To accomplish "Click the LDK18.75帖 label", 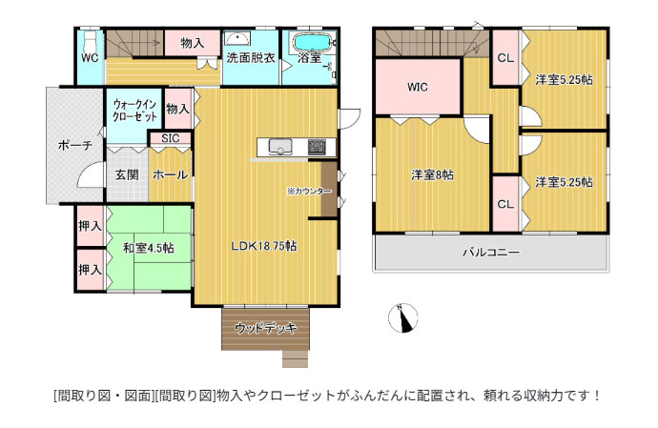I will click(264, 245).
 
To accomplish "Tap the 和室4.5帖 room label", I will click(148, 248).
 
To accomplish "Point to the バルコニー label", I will click(491, 253).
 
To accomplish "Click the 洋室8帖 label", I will click(432, 174).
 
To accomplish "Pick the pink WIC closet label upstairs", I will click(418, 88).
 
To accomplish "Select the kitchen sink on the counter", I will click(280, 147).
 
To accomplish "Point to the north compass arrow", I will click(405, 317).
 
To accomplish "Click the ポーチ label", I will click(73, 146).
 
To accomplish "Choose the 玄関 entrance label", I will click(127, 174).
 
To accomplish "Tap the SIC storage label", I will click(170, 138).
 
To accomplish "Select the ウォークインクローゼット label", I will click(134, 109).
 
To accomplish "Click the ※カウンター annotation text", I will click(309, 191).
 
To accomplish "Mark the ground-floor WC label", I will click(90, 57).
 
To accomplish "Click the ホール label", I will click(169, 174).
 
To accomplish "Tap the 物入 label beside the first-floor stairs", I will click(191, 43).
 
